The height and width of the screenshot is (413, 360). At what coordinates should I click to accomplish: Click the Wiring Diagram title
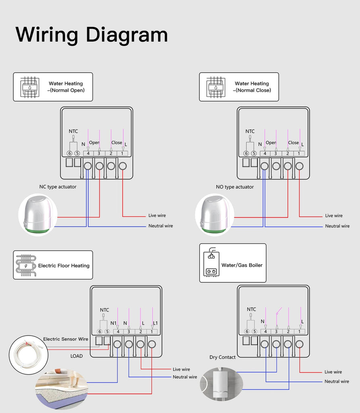click(x=92, y=35)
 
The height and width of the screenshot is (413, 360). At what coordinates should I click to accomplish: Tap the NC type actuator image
click(x=38, y=214)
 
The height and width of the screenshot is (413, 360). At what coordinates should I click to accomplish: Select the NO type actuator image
click(x=215, y=214)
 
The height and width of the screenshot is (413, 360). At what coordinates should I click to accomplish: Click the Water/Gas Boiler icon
click(x=211, y=263)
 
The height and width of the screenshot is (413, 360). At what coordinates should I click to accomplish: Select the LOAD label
click(x=76, y=356)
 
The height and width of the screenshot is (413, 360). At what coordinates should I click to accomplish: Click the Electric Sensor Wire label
click(x=65, y=339)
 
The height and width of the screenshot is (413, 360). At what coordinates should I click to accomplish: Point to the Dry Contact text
click(x=222, y=357)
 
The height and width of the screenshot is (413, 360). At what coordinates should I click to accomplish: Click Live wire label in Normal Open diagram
click(x=157, y=216)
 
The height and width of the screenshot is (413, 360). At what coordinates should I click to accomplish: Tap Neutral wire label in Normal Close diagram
click(x=337, y=226)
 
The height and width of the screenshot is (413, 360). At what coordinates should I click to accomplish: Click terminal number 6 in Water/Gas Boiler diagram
click(x=247, y=332)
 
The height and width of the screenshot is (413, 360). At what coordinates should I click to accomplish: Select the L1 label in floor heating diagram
click(x=155, y=323)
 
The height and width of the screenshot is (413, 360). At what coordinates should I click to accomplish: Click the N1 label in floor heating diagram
click(x=113, y=323)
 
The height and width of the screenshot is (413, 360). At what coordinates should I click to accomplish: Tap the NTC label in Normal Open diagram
click(x=73, y=131)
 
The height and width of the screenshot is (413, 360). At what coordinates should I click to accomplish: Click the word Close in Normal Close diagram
click(x=293, y=143)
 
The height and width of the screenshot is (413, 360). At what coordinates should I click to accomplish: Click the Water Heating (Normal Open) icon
click(x=30, y=87)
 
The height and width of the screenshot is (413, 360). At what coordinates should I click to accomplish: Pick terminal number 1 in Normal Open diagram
click(x=123, y=153)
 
